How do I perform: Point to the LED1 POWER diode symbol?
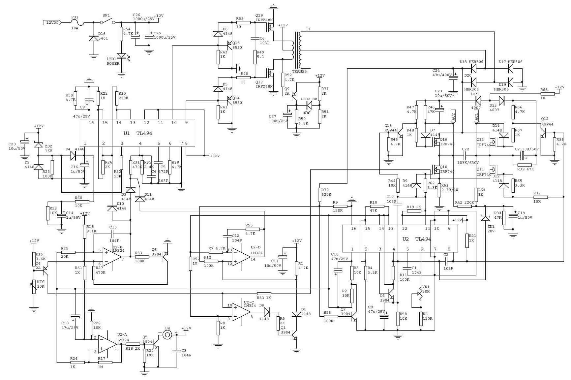tap(122, 56)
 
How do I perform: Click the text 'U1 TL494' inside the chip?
tap(138, 133)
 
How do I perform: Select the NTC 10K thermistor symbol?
tap(34, 286)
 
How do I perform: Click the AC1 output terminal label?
tap(476, 117)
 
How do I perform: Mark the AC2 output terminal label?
tap(453, 117)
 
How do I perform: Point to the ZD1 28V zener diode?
tap(485, 218)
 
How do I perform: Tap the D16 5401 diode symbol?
tap(94, 38)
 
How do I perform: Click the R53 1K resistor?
tap(264, 294)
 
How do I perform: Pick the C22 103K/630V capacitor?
tap(465, 155)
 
